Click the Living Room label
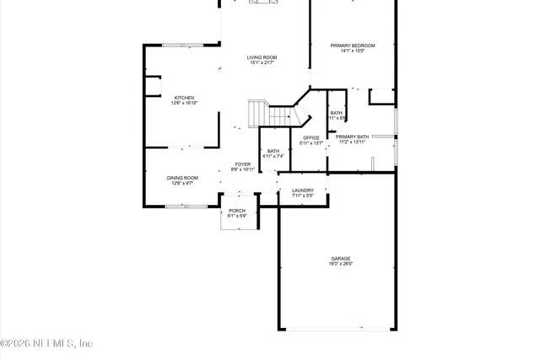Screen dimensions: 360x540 (x=262, y=57)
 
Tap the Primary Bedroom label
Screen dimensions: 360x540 (x=352, y=45)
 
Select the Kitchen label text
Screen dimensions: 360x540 (x=184, y=98)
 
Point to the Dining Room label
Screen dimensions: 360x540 (x=182, y=178)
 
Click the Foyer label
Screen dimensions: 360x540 (x=243, y=164)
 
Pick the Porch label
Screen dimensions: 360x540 (x=237, y=211)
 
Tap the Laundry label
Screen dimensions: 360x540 (x=303, y=191)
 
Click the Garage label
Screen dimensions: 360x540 (x=341, y=259)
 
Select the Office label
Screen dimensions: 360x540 (x=311, y=137)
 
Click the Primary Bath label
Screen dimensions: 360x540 (x=352, y=137)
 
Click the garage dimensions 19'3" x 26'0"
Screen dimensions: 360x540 (x=341, y=265)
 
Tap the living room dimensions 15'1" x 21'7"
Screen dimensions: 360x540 (x=262, y=63)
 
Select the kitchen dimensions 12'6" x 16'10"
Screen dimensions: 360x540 (x=184, y=104)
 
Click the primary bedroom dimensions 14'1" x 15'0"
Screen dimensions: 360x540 (x=352, y=51)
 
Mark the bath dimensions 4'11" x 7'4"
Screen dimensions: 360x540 (x=273, y=156)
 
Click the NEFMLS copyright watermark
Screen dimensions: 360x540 (x=46, y=344)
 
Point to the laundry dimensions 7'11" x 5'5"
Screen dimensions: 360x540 (x=303, y=196)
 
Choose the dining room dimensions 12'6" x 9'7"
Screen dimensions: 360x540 (x=182, y=184)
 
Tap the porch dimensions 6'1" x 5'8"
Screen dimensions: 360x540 (x=237, y=217)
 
